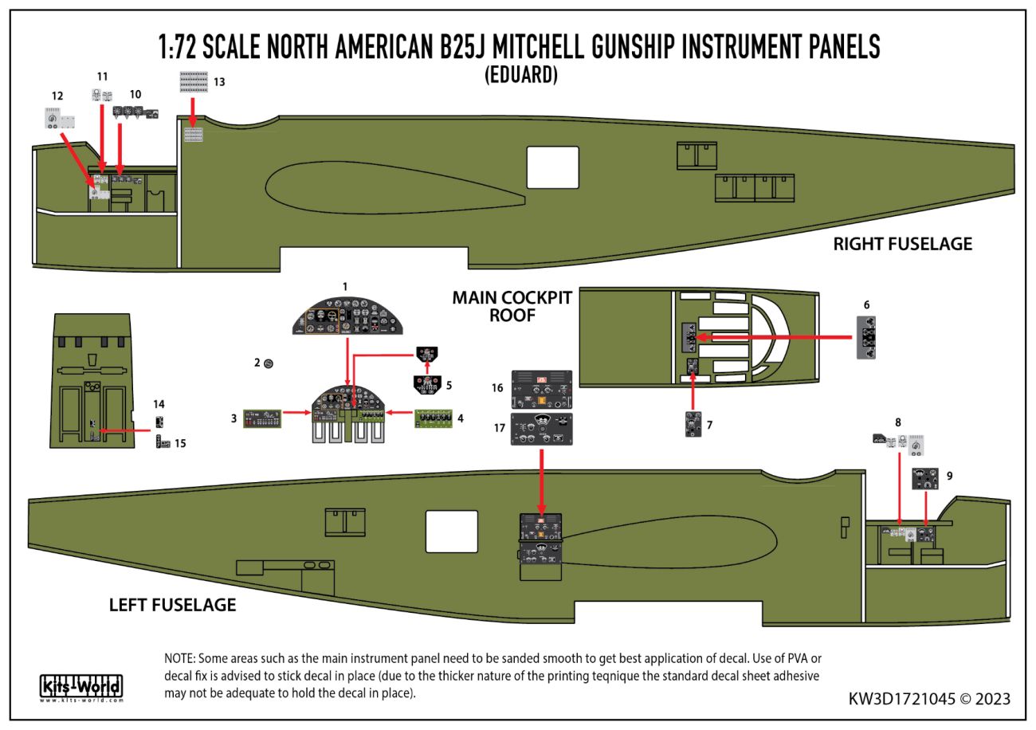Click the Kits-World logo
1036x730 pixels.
click(x=80, y=685)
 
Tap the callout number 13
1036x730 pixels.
click(x=219, y=81)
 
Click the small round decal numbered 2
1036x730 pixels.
click(x=269, y=363)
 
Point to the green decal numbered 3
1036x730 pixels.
click(x=262, y=418)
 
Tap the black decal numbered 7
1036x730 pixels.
click(x=693, y=424)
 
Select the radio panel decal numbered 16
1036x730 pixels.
click(x=541, y=388)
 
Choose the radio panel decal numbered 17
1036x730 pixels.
click(x=542, y=430)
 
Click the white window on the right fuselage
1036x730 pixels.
click(x=551, y=167)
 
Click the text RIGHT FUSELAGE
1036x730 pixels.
click(x=902, y=243)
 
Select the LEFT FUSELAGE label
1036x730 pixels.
click(x=172, y=605)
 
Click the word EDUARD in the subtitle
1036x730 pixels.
click(x=520, y=75)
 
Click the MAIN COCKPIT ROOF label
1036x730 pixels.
click(x=512, y=306)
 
